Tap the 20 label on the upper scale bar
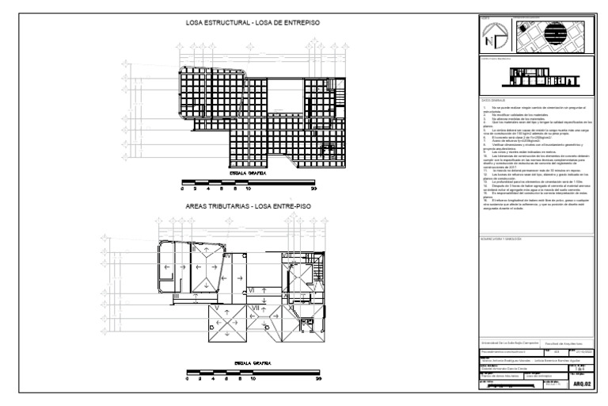pos(315,191)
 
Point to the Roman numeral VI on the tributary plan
pos(252,290)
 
